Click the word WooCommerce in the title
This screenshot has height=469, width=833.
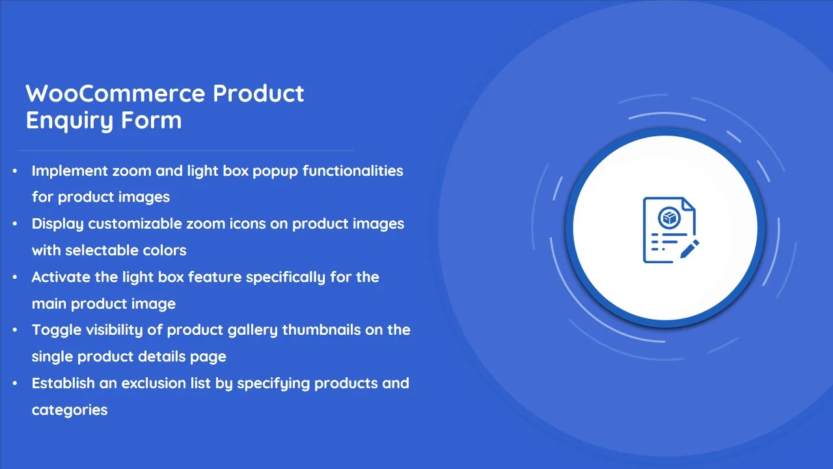(x=115, y=93)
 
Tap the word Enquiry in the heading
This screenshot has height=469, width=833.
(x=70, y=121)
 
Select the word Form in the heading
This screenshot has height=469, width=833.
(x=152, y=120)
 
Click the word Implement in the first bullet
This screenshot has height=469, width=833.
(x=69, y=171)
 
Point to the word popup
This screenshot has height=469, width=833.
(x=275, y=171)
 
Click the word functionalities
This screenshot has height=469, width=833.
(x=353, y=171)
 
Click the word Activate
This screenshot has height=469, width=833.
(x=61, y=277)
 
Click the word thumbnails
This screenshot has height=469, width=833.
(x=321, y=330)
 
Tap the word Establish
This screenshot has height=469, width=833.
(x=63, y=383)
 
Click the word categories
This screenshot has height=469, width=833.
(x=70, y=410)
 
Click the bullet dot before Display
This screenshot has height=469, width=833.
(x=15, y=223)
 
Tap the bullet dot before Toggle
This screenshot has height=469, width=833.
(x=15, y=330)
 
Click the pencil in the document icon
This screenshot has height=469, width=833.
(x=689, y=249)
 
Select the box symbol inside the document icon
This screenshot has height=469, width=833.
(x=670, y=218)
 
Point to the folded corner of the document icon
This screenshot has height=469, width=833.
(x=689, y=204)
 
